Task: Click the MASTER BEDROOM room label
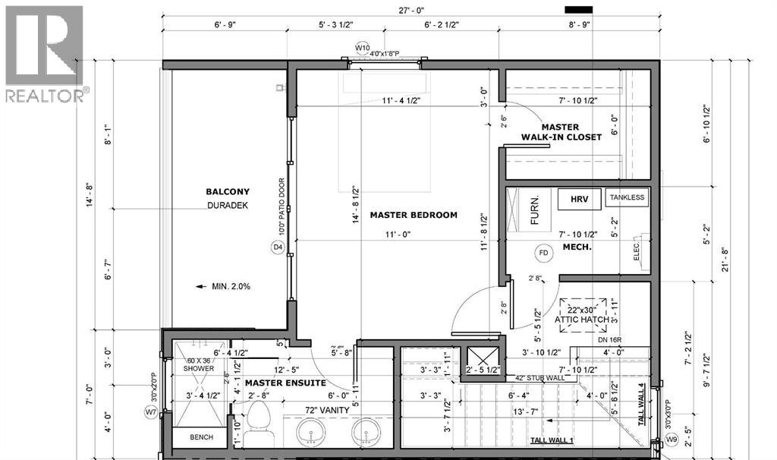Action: [x=414, y=215]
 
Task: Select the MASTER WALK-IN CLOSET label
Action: [x=561, y=132]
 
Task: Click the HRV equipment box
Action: [x=580, y=199]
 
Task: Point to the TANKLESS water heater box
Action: [x=627, y=197]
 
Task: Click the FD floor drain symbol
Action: [x=543, y=252]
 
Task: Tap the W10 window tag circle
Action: [x=362, y=48]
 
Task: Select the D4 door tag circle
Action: [x=277, y=247]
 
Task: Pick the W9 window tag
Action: [x=670, y=438]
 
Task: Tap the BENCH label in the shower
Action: [x=201, y=437]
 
